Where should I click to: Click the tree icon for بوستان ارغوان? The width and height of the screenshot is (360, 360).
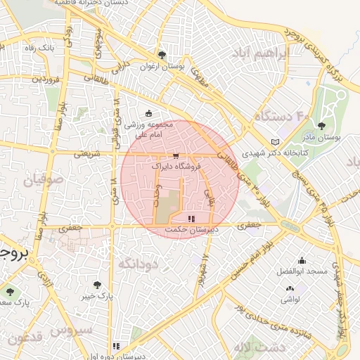162,54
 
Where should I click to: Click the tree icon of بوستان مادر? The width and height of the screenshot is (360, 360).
321,127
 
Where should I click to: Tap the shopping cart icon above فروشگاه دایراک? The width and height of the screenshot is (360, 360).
175,156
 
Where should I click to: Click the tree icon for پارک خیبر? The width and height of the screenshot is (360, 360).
97,285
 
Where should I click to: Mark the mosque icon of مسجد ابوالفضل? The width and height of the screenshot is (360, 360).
302,260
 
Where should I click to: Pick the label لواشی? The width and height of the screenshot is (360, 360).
290,300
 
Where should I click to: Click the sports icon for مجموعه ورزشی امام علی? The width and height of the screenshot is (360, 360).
148,114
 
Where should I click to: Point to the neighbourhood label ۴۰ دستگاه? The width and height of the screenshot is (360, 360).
281,115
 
